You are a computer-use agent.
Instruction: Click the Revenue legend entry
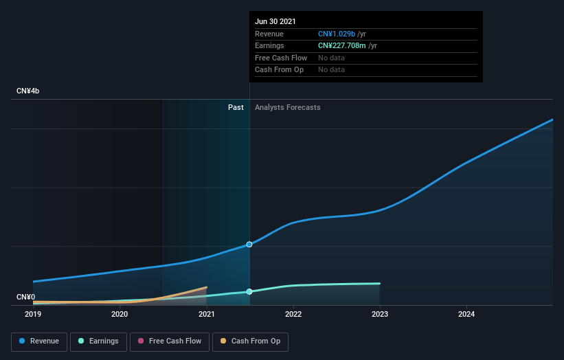pyautogui.click(x=39, y=341)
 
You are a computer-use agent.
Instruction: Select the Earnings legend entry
pyautogui.click(x=98, y=341)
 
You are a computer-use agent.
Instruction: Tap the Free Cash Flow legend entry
pyautogui.click(x=168, y=341)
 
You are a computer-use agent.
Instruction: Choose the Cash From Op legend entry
pyautogui.click(x=250, y=341)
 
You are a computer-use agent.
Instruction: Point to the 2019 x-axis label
pyautogui.click(x=33, y=315)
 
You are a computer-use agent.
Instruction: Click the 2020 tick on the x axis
pyautogui.click(x=120, y=315)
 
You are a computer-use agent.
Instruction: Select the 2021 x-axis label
pyautogui.click(x=206, y=315)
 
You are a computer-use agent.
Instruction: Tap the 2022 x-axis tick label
pyautogui.click(x=293, y=315)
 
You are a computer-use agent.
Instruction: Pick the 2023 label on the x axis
pyautogui.click(x=380, y=315)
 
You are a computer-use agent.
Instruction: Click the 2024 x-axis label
pyautogui.click(x=466, y=315)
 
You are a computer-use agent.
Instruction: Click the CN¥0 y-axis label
pyautogui.click(x=25, y=297)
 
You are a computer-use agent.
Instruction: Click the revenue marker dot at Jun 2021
pyautogui.click(x=249, y=245)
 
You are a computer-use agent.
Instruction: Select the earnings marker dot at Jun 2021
pyautogui.click(x=249, y=291)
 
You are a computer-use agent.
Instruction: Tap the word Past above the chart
pyautogui.click(x=236, y=107)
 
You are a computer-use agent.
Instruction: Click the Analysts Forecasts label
pyautogui.click(x=287, y=107)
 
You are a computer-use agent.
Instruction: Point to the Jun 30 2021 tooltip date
pyautogui.click(x=275, y=21)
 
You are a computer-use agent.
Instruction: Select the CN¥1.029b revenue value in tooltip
pyautogui.click(x=337, y=34)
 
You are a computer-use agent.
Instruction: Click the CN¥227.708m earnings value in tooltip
pyautogui.click(x=342, y=45)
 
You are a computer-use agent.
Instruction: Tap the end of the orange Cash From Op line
pyautogui.click(x=206, y=287)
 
